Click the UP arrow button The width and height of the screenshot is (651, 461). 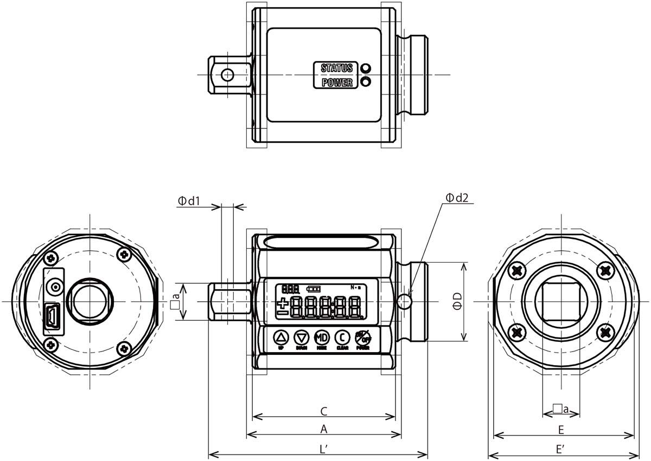coord(281,337)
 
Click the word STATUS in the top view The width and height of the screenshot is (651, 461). coord(336,68)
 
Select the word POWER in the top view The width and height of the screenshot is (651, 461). coord(337,82)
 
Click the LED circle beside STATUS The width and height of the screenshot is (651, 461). coord(366,68)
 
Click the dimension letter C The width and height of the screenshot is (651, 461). coord(323,411)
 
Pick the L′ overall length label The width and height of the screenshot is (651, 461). coord(323,449)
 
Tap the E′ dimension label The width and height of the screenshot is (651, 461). coord(561,449)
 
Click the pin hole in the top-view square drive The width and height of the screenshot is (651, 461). coord(227,74)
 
